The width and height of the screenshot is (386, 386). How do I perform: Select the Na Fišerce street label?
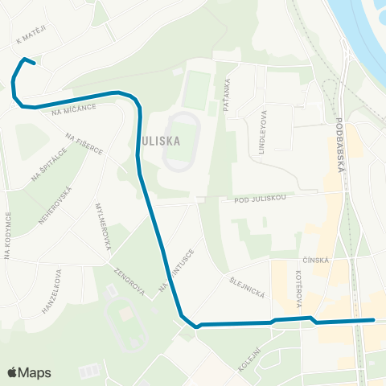pos(84,145)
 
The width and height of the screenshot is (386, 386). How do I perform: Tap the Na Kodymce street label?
pos(7,236)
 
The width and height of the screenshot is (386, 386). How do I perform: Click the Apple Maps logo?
pos(28,372)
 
